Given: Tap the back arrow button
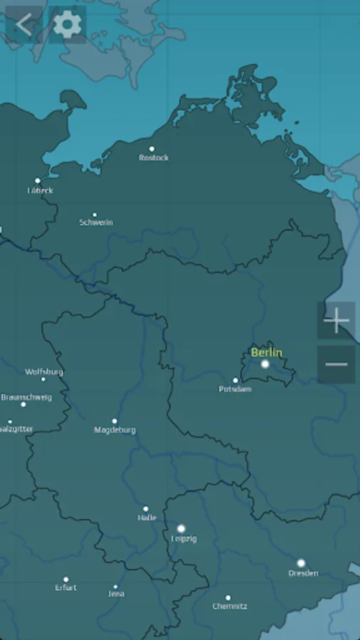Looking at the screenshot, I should (23, 25).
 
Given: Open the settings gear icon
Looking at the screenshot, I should (68, 25).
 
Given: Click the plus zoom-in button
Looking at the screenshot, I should (336, 321).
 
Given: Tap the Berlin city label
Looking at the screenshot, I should (266, 353).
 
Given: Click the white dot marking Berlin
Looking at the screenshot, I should (265, 364).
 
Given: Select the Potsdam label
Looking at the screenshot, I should (234, 389).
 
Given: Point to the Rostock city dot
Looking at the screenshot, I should (152, 149).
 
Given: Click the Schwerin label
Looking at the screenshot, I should (96, 223).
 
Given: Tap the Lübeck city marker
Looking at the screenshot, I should (38, 181).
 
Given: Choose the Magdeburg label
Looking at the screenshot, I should (115, 430).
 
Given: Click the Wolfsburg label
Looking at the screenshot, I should (44, 372).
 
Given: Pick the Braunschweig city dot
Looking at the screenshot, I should (23, 404).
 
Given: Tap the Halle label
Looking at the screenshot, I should (147, 518).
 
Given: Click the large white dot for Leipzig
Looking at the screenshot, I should (181, 528).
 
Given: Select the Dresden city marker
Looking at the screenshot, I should (301, 562).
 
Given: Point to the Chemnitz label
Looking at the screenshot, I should (230, 607).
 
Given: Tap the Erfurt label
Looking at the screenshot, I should (65, 588).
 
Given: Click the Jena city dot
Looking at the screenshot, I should (115, 587).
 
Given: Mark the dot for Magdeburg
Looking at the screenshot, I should (114, 421).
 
